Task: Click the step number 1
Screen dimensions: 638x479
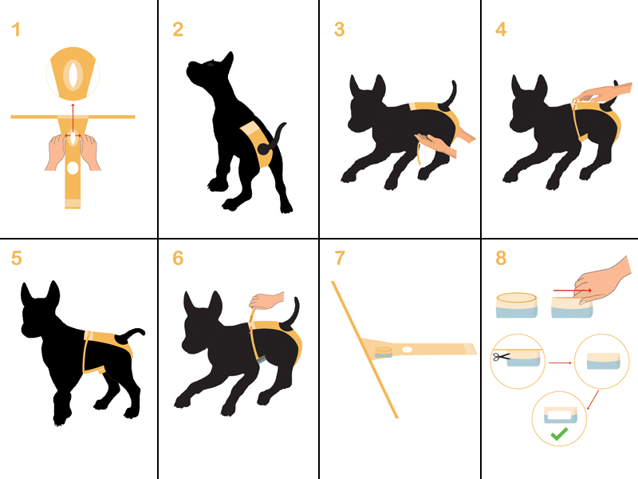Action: pos(16,30)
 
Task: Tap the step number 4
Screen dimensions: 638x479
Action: pos(501,30)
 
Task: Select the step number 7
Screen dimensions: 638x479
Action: pos(340,258)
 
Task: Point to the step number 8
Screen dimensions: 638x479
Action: pos(501,258)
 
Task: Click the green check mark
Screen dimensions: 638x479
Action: pos(559,433)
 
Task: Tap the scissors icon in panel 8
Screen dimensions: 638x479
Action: pos(502,357)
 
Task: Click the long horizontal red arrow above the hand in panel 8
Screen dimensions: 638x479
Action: pos(572,291)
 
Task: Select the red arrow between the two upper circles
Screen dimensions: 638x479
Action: pos(561,362)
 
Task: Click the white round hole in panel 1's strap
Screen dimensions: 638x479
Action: pos(73,168)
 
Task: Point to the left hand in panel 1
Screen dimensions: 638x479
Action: pos(56,152)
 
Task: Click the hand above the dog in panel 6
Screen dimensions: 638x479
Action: pos(266,301)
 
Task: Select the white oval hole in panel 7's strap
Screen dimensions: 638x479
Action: pos(407,350)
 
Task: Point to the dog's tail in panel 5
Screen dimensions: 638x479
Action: pos(130,335)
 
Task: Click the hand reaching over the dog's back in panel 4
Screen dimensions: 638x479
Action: pos(605,93)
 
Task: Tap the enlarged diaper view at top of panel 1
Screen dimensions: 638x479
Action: pos(73,73)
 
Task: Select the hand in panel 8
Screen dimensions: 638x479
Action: pos(603,281)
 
